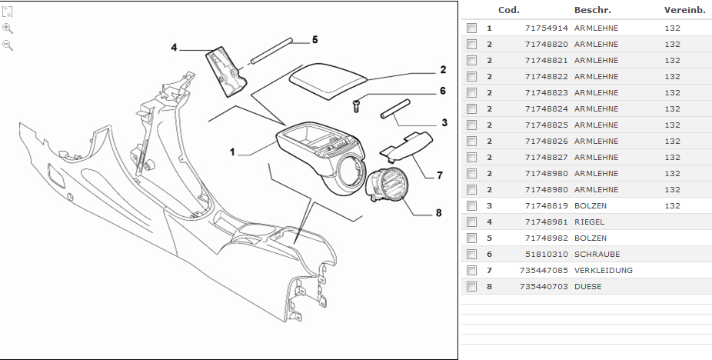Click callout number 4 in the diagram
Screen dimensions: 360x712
pyautogui.click(x=174, y=48)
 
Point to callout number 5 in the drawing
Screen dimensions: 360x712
pyautogui.click(x=314, y=39)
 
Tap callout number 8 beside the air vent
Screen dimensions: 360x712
pyautogui.click(x=438, y=213)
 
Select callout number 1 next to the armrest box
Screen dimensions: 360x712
pyautogui.click(x=231, y=152)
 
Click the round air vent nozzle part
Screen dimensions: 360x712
pyautogui.click(x=391, y=186)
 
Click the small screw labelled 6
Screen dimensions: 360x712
pyautogui.click(x=357, y=106)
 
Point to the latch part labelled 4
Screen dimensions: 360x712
pyautogui.click(x=225, y=71)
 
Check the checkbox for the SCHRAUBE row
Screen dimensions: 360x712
pyautogui.click(x=471, y=255)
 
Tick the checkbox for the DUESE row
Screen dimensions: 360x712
pyautogui.click(x=471, y=287)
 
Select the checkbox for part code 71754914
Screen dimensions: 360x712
pyautogui.click(x=471, y=28)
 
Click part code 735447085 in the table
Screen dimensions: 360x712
pyautogui.click(x=544, y=271)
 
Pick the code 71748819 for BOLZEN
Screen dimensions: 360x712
pyautogui.click(x=547, y=206)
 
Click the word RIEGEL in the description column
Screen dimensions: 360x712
pyautogui.click(x=589, y=222)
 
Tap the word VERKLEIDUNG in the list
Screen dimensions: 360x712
pyautogui.click(x=603, y=271)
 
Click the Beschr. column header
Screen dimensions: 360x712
pyautogui.click(x=592, y=10)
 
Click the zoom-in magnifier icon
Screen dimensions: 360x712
pyautogui.click(x=8, y=28)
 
